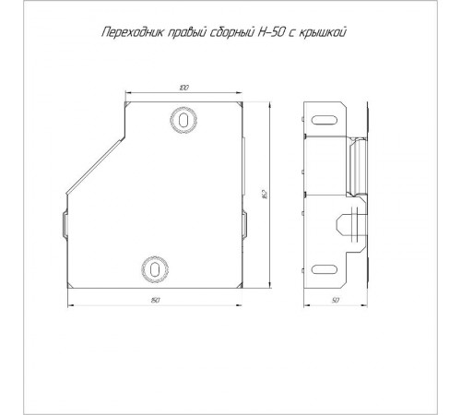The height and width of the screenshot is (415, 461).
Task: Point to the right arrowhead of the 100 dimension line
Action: pyautogui.click(x=241, y=92)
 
